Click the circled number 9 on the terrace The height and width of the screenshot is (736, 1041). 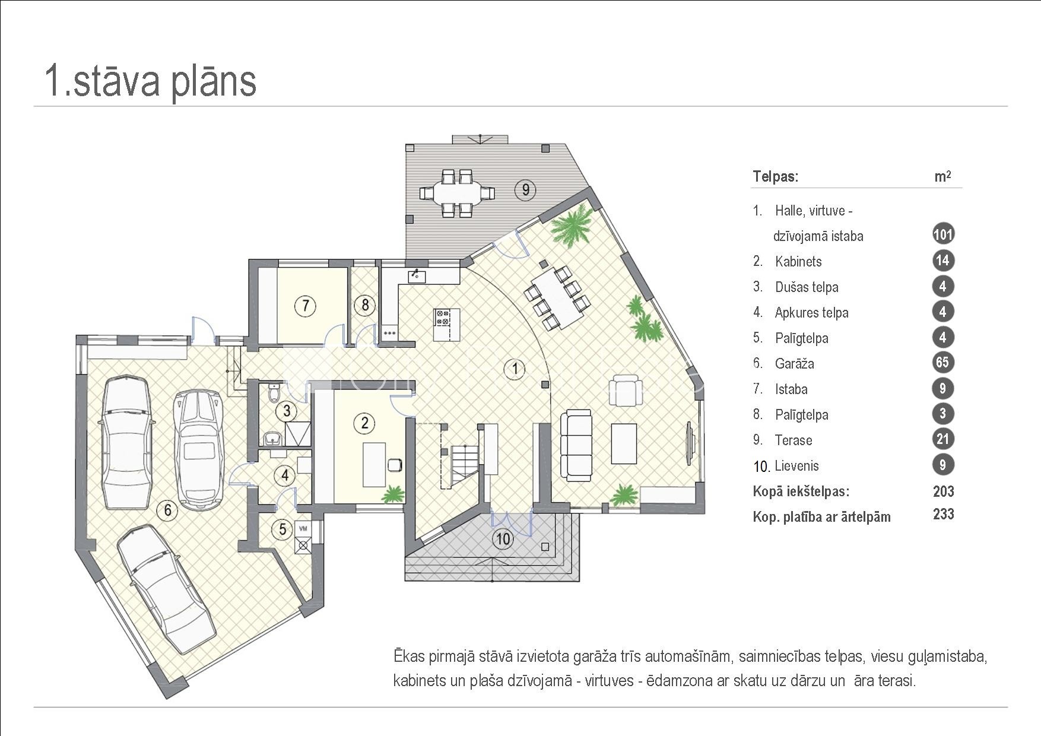point(525,190)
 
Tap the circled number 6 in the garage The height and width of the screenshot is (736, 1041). point(168,510)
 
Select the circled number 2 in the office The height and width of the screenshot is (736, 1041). point(364,423)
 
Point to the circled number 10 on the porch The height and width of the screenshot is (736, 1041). point(503,539)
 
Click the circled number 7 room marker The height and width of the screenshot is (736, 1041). point(306,306)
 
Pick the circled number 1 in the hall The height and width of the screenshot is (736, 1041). point(515,369)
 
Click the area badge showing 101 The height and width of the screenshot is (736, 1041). point(942,234)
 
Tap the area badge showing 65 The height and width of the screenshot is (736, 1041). point(942,363)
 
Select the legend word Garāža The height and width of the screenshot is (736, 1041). point(794,364)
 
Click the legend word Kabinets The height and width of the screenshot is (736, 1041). point(798,262)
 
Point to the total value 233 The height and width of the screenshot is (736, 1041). point(943,514)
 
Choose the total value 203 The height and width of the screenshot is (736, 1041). point(943,491)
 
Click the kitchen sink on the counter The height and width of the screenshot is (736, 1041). point(417,275)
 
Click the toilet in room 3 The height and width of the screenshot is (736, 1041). point(274,393)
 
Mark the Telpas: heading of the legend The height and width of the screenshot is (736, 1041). point(775,176)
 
